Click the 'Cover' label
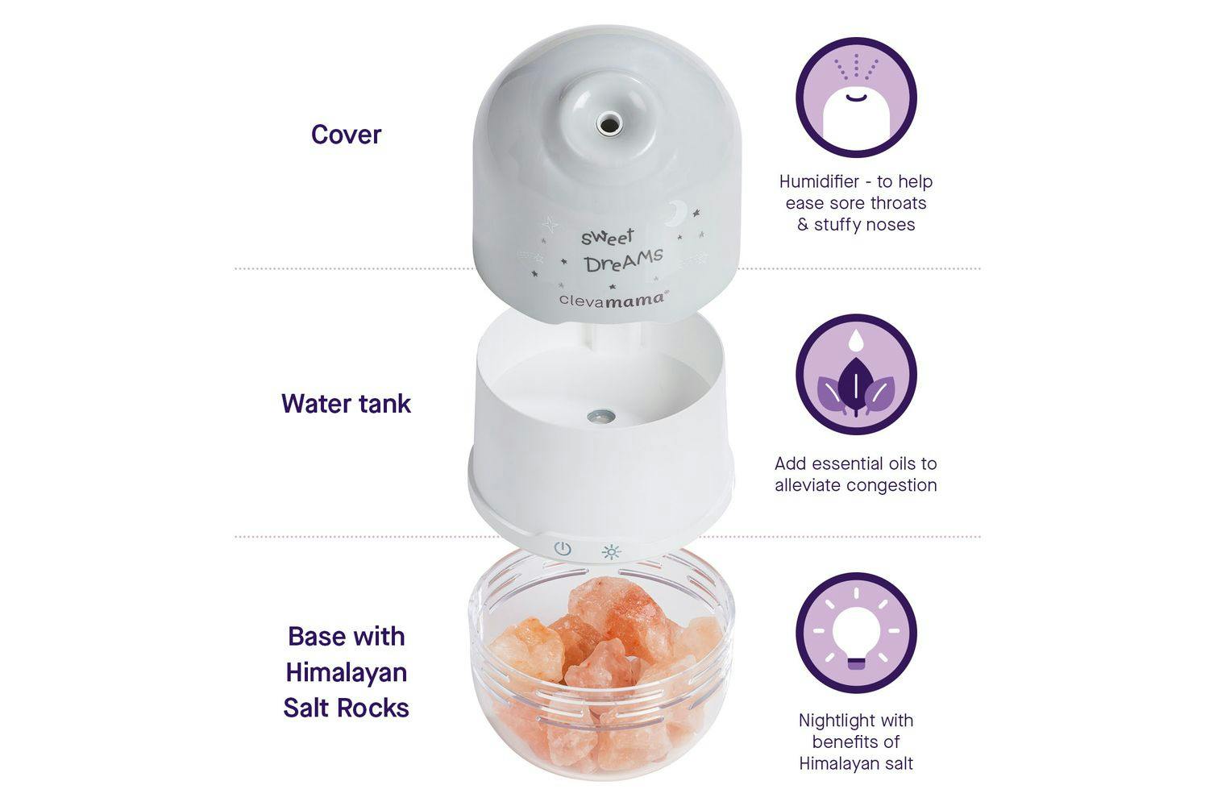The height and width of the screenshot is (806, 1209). click(x=346, y=135)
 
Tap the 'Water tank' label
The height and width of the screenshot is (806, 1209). click(x=346, y=404)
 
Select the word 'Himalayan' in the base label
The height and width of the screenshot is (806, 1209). click(x=346, y=673)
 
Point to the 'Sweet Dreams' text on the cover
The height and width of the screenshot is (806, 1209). click(x=621, y=251)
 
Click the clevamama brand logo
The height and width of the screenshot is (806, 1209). click(x=613, y=298)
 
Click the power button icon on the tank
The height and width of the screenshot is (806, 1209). click(x=563, y=550)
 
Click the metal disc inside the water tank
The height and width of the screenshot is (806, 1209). click(x=600, y=416)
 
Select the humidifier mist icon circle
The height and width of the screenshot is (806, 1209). click(x=856, y=98)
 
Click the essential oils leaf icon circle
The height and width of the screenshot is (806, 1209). click(x=856, y=374)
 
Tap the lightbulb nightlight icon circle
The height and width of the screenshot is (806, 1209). click(x=856, y=632)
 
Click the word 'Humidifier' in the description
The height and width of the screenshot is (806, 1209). click(x=819, y=182)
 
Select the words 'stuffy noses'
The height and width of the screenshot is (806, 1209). click(x=864, y=225)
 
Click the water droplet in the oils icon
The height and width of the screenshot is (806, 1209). click(x=856, y=339)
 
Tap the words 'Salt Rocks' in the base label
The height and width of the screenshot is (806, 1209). click(x=346, y=708)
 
